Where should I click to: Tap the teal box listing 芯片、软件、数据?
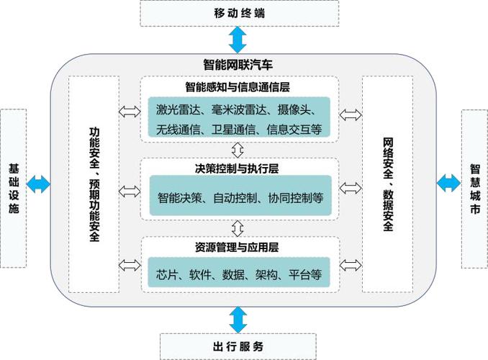pyautogui.click(x=238, y=274)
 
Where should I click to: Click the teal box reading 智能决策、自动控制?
pyautogui.click(x=238, y=195)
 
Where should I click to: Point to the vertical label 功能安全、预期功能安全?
pyautogui.click(x=94, y=185)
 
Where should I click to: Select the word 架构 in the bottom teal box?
pyautogui.click(x=264, y=274)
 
